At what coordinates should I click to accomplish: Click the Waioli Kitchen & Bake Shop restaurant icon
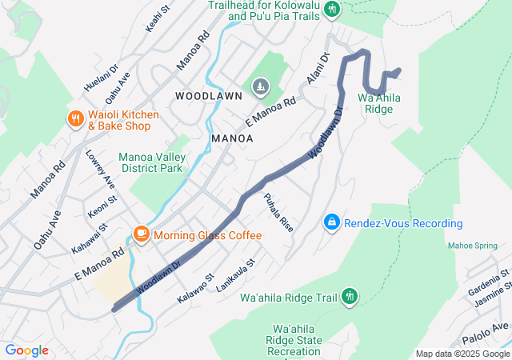(76, 119)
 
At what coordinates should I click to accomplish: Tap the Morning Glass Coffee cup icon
(141, 234)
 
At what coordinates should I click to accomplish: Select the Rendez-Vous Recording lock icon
(331, 222)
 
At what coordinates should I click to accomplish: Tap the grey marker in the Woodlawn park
(262, 86)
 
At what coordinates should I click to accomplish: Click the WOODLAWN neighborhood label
(208, 96)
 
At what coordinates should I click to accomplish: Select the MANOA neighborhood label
(232, 138)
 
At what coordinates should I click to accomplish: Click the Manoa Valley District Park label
(150, 162)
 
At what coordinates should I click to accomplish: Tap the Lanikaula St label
(235, 274)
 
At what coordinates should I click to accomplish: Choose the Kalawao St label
(196, 287)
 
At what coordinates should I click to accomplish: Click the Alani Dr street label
(318, 70)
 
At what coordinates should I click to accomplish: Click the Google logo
(26, 350)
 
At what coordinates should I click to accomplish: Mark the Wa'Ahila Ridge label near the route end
(379, 103)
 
